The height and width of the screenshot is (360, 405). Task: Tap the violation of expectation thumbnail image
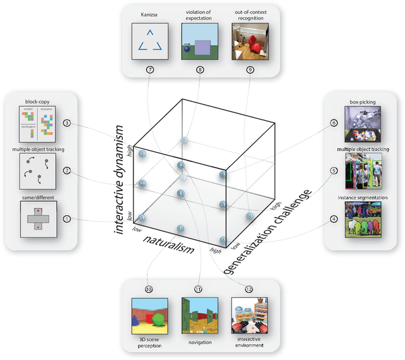pos(200,41)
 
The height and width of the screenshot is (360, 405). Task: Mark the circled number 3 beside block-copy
pos(66,122)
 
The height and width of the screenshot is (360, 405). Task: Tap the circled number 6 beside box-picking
pos(333,123)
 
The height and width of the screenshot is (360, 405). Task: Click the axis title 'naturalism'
pos(168,244)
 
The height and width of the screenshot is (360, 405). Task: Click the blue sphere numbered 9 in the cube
pos(249,216)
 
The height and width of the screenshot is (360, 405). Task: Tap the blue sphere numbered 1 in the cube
pos(142,218)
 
